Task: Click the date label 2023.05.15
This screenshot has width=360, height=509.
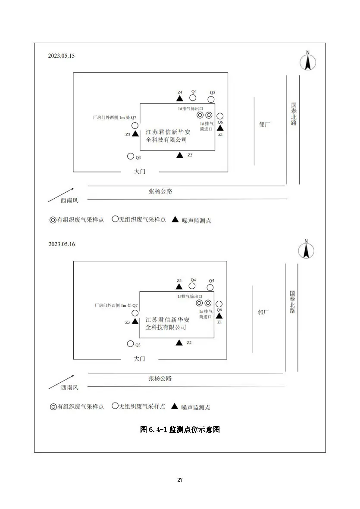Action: [61, 56]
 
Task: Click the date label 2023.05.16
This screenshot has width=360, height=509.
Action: [62, 244]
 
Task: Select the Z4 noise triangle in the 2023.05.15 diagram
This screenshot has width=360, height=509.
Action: [179, 98]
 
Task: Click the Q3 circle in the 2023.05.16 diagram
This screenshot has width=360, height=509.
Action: [131, 343]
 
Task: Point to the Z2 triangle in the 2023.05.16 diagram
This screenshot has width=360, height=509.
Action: [179, 343]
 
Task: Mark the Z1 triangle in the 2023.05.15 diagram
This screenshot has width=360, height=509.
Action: [220, 128]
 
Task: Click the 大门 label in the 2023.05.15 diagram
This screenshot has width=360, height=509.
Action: [140, 171]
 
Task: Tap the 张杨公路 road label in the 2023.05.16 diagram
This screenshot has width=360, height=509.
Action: [160, 378]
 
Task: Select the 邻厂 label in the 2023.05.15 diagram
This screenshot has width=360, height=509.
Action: [265, 124]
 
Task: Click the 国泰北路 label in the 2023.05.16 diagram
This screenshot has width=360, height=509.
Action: [292, 302]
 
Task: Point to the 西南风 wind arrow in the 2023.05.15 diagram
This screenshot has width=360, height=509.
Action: [61, 195]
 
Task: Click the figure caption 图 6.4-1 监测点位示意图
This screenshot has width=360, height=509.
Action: [180, 429]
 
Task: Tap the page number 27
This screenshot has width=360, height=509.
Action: [180, 480]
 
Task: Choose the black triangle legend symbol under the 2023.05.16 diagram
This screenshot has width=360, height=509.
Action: [175, 406]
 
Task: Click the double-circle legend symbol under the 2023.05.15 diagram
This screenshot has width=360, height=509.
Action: [53, 220]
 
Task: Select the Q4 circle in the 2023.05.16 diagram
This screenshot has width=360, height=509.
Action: [192, 286]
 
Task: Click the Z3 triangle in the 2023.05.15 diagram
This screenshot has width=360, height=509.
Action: [135, 133]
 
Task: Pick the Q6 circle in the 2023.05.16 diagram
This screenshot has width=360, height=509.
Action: [219, 304]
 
